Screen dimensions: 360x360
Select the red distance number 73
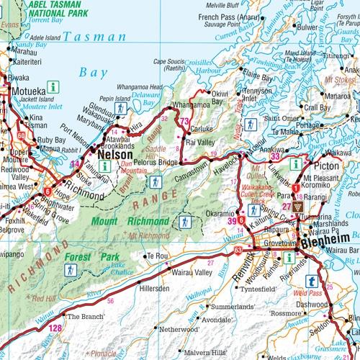click(x=185, y=121)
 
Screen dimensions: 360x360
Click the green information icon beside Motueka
click(x=53, y=86)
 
